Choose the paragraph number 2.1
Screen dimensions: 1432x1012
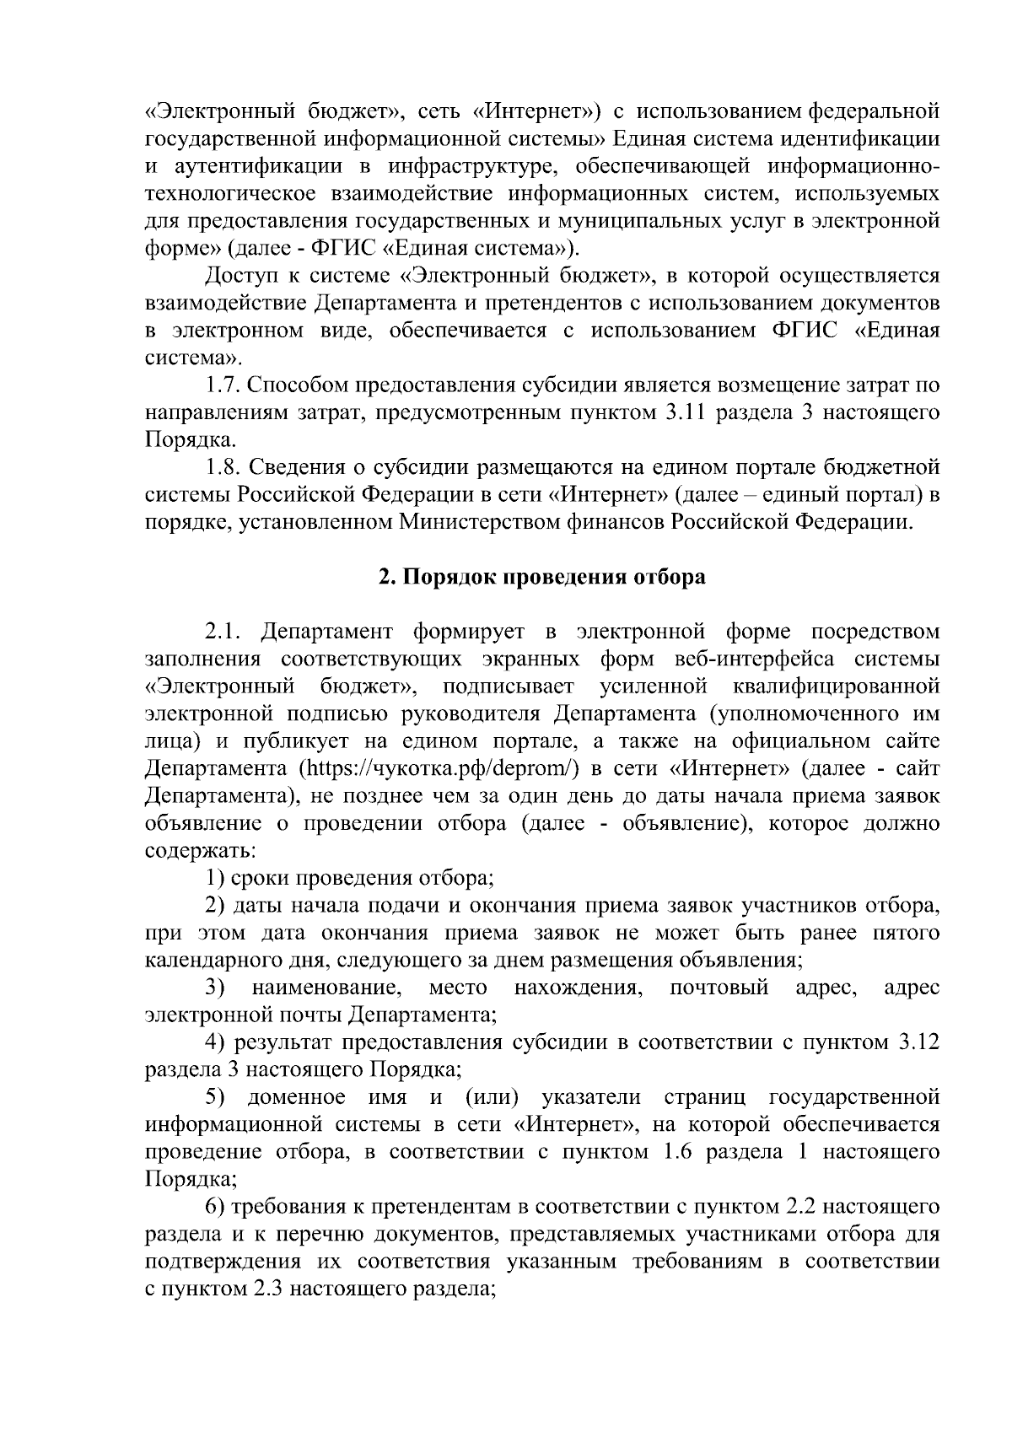223,632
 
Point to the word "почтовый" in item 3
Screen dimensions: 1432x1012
719,987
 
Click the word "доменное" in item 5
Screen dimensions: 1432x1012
296,1097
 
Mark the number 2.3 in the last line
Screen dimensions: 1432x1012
268,1289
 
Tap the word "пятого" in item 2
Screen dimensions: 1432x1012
904,933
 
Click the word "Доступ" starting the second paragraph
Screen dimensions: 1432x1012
239,276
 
